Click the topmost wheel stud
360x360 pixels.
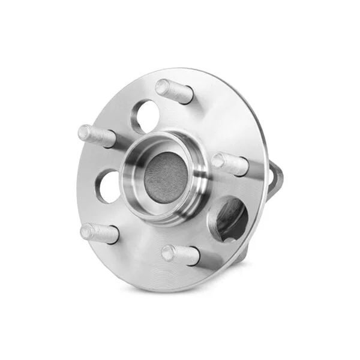pyautogui.click(x=175, y=91)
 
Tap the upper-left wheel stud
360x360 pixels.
pyautogui.click(x=97, y=136)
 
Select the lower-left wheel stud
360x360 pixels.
pyautogui.click(x=100, y=233)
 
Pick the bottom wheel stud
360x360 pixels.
pyautogui.click(x=180, y=254)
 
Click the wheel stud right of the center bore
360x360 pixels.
pyautogui.click(x=230, y=163)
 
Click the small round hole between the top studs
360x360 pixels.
pyautogui.click(x=144, y=116)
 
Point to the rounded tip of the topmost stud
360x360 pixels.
pyautogui.click(x=162, y=87)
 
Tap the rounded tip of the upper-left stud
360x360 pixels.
pyautogui.click(x=85, y=131)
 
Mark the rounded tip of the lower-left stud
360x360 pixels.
pyautogui.click(x=87, y=229)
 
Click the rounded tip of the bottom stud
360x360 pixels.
pyautogui.click(x=168, y=252)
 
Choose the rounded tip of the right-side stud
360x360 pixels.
pyautogui.click(x=218, y=160)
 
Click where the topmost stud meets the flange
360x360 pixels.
pyautogui.click(x=188, y=96)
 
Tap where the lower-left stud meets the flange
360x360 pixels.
pyautogui.click(x=114, y=236)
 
